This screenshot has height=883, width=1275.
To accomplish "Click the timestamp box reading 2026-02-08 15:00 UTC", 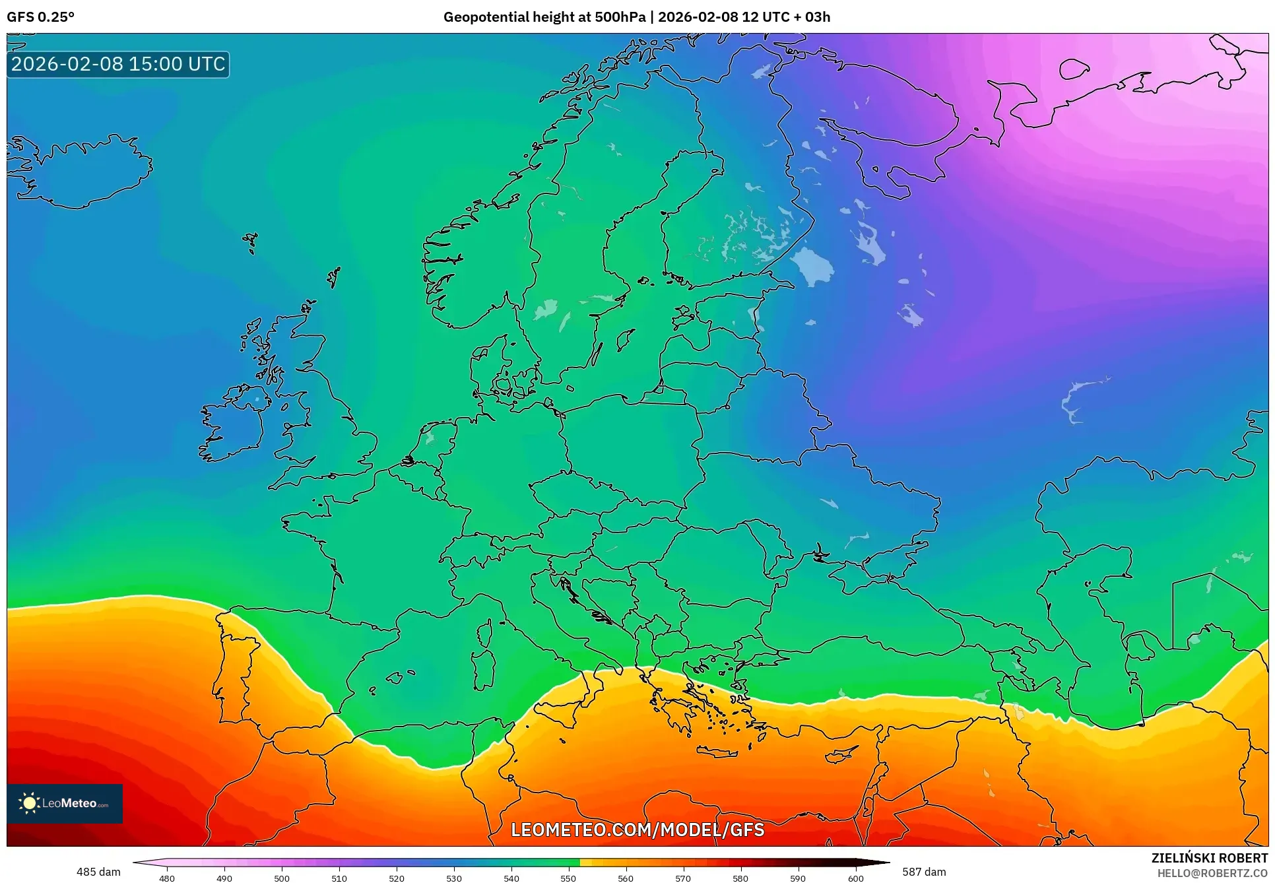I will (118, 64).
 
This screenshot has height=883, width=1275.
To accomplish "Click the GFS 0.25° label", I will (41, 17).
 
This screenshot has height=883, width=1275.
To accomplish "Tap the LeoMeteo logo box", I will (65, 803).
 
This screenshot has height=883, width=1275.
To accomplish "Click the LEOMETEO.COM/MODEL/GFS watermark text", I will (637, 830).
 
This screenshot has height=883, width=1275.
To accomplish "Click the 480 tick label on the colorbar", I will (167, 878).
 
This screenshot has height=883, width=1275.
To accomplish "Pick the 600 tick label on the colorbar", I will (855, 878).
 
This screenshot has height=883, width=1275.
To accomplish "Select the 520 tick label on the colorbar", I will (397, 878).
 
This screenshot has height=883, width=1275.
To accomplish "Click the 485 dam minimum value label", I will (98, 872).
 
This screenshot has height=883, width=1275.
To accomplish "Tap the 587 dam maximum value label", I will (924, 872).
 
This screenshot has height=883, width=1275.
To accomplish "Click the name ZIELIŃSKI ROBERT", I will (1210, 858).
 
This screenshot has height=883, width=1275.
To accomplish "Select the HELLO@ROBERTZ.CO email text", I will (1212, 873).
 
